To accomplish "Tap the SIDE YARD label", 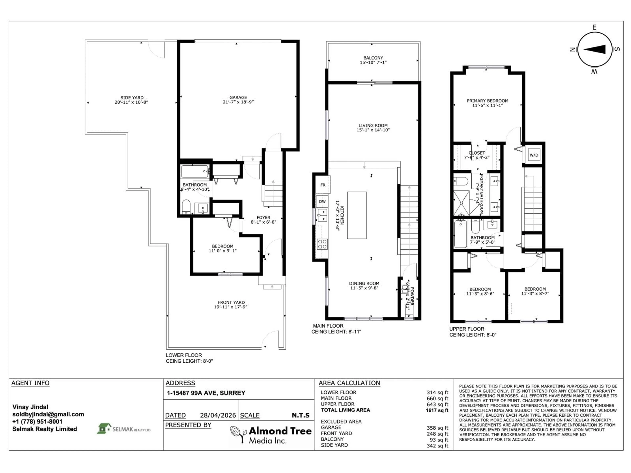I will pos(132,98).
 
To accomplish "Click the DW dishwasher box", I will pos(322,202).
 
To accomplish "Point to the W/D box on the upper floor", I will pos(534,155).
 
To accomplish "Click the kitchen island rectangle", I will pos(357,215).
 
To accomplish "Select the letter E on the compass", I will pos(594,28).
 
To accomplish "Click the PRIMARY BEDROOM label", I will pos(487,101).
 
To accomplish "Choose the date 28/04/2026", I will pos(218,415).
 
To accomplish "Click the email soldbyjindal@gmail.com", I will pos(48,414).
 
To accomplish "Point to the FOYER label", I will pos(263,217).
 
